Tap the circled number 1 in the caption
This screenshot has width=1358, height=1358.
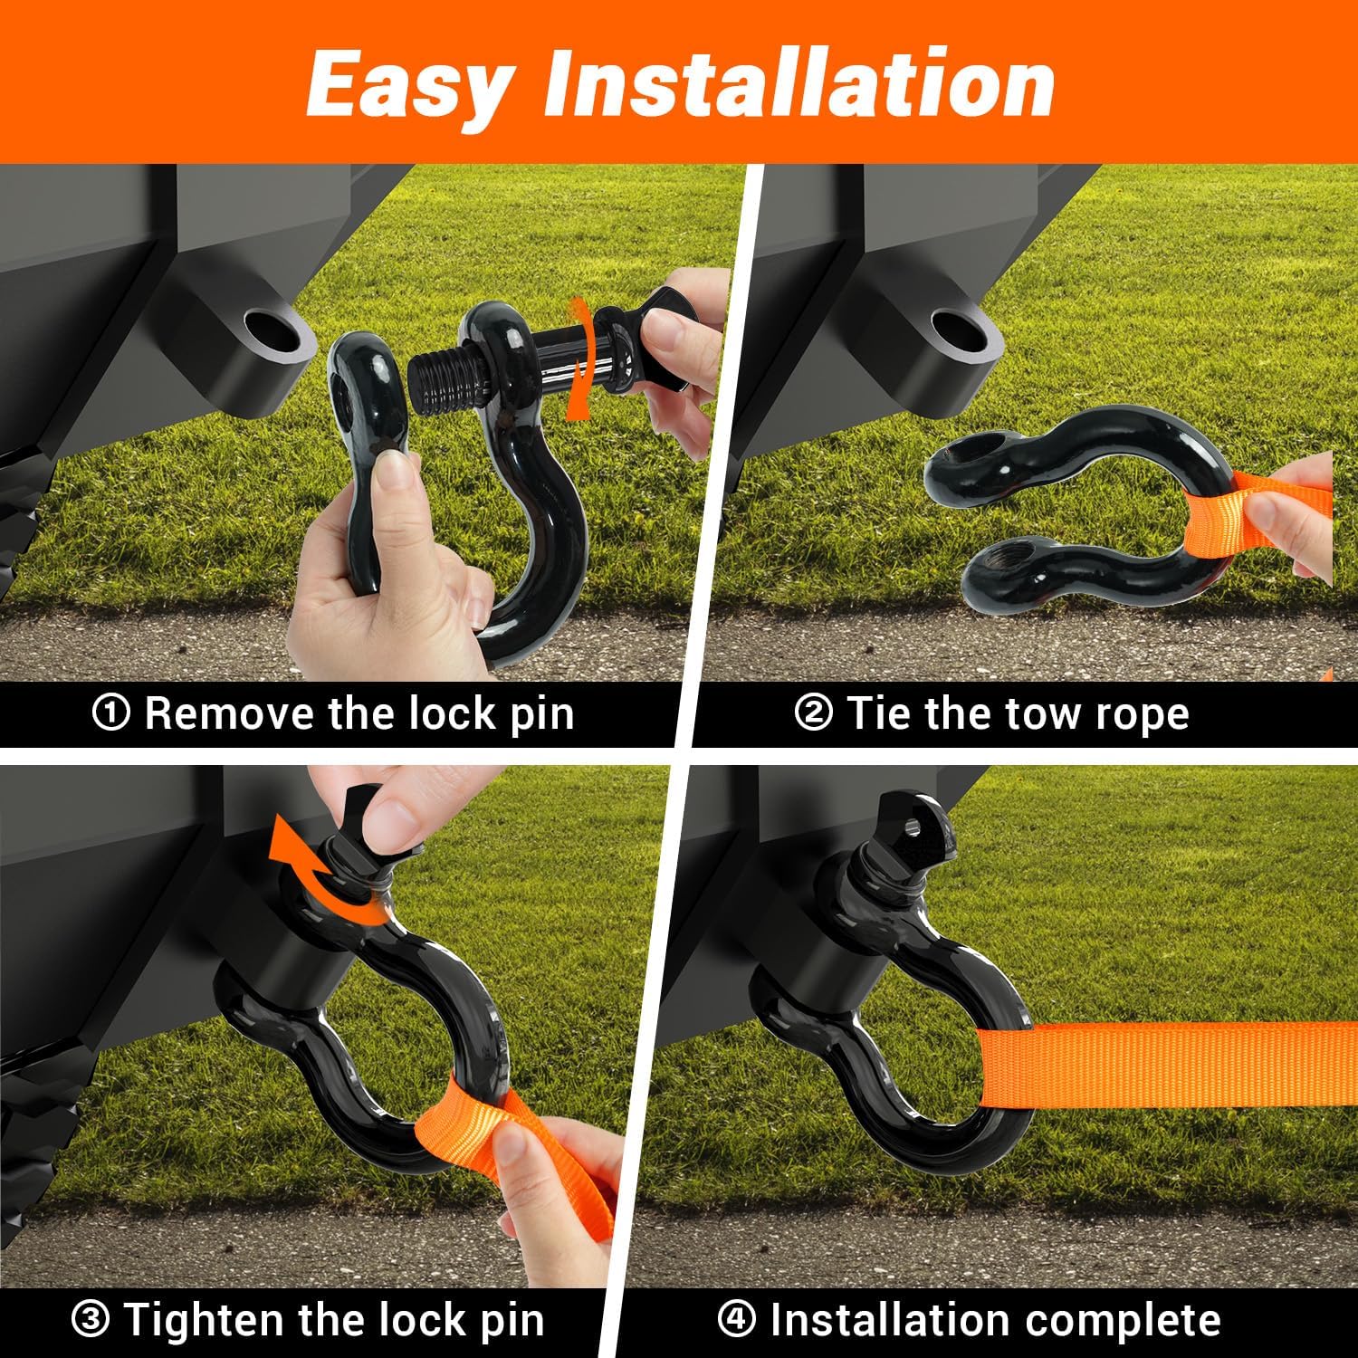110,714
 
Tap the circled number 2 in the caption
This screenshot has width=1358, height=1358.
812,713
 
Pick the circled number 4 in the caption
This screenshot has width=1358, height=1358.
736,1319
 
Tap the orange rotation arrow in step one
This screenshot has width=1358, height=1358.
577,362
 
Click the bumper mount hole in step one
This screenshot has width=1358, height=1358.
269,328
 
